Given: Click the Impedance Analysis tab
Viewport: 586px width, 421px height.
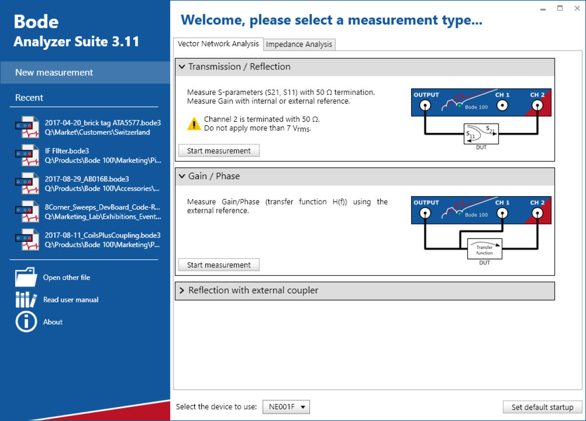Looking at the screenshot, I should click(299, 44).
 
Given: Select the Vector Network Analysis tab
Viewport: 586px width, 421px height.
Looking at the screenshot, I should click(218, 44).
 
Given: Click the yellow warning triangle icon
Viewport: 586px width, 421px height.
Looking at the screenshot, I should click(194, 123).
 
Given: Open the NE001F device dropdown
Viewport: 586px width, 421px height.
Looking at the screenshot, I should click(286, 407).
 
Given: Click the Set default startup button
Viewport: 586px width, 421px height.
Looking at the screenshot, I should click(542, 407).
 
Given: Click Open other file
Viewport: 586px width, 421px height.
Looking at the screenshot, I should click(66, 277).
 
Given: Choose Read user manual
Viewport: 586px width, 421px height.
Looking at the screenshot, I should click(70, 300).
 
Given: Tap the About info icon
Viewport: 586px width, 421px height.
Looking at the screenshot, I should click(26, 322).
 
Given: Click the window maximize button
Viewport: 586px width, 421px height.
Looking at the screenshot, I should click(560, 8).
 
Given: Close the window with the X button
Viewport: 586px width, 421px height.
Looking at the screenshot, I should click(577, 8).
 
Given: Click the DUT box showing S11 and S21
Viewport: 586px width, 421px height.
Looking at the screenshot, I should click(481, 133).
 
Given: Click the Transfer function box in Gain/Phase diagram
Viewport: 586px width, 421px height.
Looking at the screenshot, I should click(484, 249).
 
